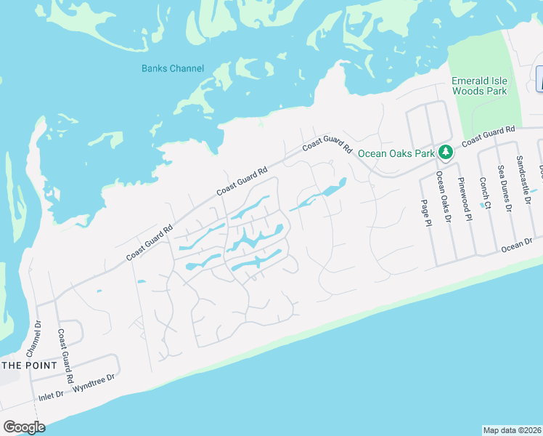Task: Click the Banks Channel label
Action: point(173,69)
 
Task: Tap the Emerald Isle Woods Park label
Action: point(479,85)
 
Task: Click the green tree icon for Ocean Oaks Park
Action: point(446,153)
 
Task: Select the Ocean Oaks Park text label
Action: point(396,153)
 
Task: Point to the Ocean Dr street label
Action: point(517,244)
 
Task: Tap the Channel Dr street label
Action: point(33,338)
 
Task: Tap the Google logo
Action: point(24,427)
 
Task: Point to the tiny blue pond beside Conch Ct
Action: point(481,206)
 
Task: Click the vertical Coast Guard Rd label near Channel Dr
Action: point(65,356)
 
